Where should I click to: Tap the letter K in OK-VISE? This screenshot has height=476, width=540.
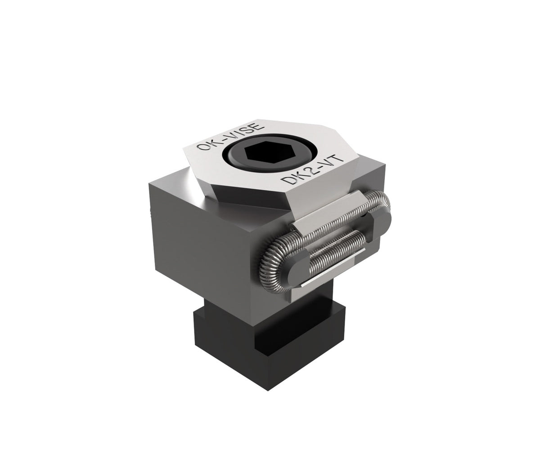(209, 143)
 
